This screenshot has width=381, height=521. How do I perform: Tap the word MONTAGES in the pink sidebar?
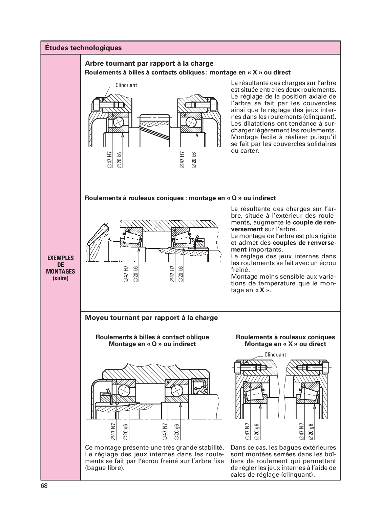(60, 272)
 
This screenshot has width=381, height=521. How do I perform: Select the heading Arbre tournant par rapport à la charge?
(149, 63)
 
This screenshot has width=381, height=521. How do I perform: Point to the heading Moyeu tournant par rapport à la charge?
(151, 318)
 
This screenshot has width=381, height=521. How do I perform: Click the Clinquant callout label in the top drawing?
(126, 85)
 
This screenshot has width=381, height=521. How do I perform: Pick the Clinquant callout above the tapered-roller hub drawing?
(275, 355)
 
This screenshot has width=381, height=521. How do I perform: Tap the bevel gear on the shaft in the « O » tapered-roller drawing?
(98, 239)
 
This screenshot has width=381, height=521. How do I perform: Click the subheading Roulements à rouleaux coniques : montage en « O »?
(180, 198)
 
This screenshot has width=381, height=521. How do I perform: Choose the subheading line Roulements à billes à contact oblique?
(152, 337)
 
